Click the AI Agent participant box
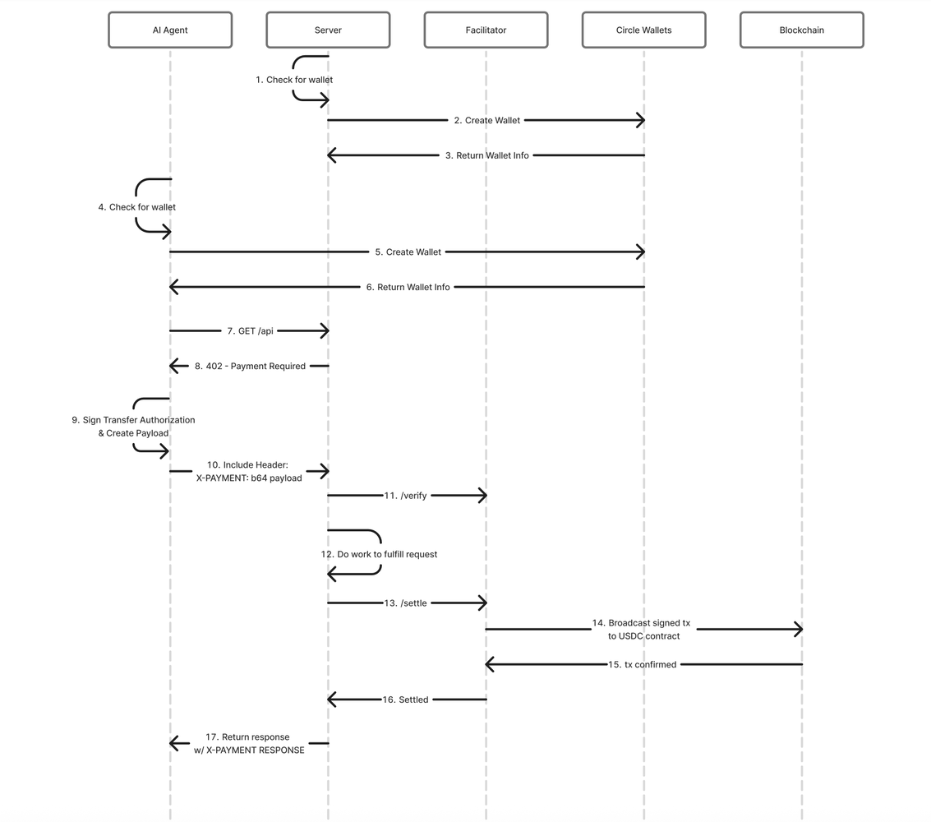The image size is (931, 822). point(170,30)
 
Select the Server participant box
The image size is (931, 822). point(328,30)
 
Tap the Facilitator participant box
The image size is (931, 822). point(486,30)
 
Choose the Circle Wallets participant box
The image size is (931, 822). point(643,30)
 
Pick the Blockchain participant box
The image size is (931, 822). point(801,30)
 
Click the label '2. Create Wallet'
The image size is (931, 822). point(486,120)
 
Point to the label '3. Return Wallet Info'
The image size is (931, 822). point(486,155)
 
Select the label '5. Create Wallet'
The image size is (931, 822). point(408,252)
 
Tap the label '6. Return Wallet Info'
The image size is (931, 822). point(408,287)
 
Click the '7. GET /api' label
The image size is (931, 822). point(250,330)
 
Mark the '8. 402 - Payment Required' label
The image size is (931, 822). point(250,366)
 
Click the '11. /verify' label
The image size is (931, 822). point(405,496)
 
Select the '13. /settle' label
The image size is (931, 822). point(405,603)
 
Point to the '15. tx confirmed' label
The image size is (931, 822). point(642,664)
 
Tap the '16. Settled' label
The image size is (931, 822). point(405,700)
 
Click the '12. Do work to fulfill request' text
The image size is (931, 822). point(379,554)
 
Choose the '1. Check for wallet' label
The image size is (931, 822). point(294,80)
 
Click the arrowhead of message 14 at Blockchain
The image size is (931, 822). point(798,630)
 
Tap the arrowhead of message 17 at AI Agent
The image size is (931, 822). point(174,743)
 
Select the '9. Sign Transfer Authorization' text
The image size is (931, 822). point(133,420)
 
